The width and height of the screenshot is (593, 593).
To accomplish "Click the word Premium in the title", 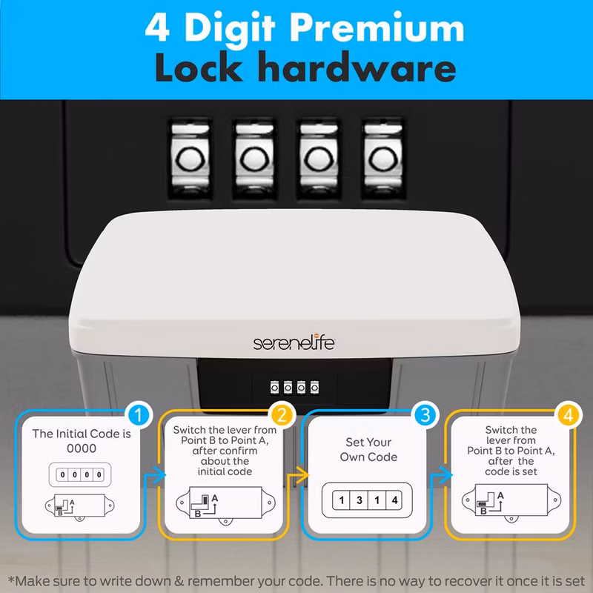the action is tap(377, 30).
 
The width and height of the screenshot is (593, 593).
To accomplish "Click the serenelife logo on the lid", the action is tap(294, 343).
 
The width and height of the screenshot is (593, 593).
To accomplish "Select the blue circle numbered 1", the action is tap(139, 415).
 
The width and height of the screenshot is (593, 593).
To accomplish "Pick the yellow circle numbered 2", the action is tap(282, 415).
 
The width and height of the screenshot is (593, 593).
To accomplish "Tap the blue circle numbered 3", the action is tap(425, 415).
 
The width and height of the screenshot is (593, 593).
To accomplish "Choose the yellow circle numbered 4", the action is tap(569, 415).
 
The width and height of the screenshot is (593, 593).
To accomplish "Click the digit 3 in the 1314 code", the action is tap(360, 500).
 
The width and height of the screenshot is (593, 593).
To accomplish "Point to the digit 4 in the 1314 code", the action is tap(395, 500).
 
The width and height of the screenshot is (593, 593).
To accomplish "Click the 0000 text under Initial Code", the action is tap(82, 448).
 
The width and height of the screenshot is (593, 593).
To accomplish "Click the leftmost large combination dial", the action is tap(191, 158).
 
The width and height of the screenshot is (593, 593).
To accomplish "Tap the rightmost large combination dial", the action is tap(383, 158).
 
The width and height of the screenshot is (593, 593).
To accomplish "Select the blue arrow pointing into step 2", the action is tap(156, 475).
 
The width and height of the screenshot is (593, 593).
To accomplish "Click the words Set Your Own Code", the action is tap(368, 450).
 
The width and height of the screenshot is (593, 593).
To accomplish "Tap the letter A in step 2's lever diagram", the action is tap(215, 498).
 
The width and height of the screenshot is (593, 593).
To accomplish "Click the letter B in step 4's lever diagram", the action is tap(483, 511).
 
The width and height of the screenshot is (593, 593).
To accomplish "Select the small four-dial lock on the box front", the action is tap(294, 388).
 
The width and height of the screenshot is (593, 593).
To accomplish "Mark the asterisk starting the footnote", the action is tap(11, 579).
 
